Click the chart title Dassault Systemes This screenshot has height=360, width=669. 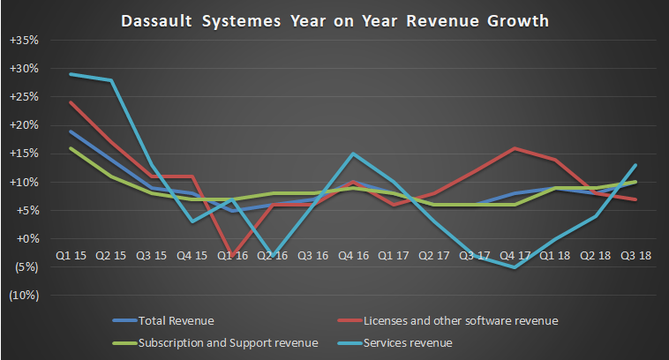click(x=334, y=19)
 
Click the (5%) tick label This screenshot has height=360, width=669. click(x=27, y=266)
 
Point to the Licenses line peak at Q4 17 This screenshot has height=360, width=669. click(x=515, y=148)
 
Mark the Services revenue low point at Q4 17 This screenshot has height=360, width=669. click(x=515, y=266)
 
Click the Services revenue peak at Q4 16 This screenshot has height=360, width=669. click(x=353, y=154)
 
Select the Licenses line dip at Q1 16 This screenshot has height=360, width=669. click(x=231, y=253)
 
